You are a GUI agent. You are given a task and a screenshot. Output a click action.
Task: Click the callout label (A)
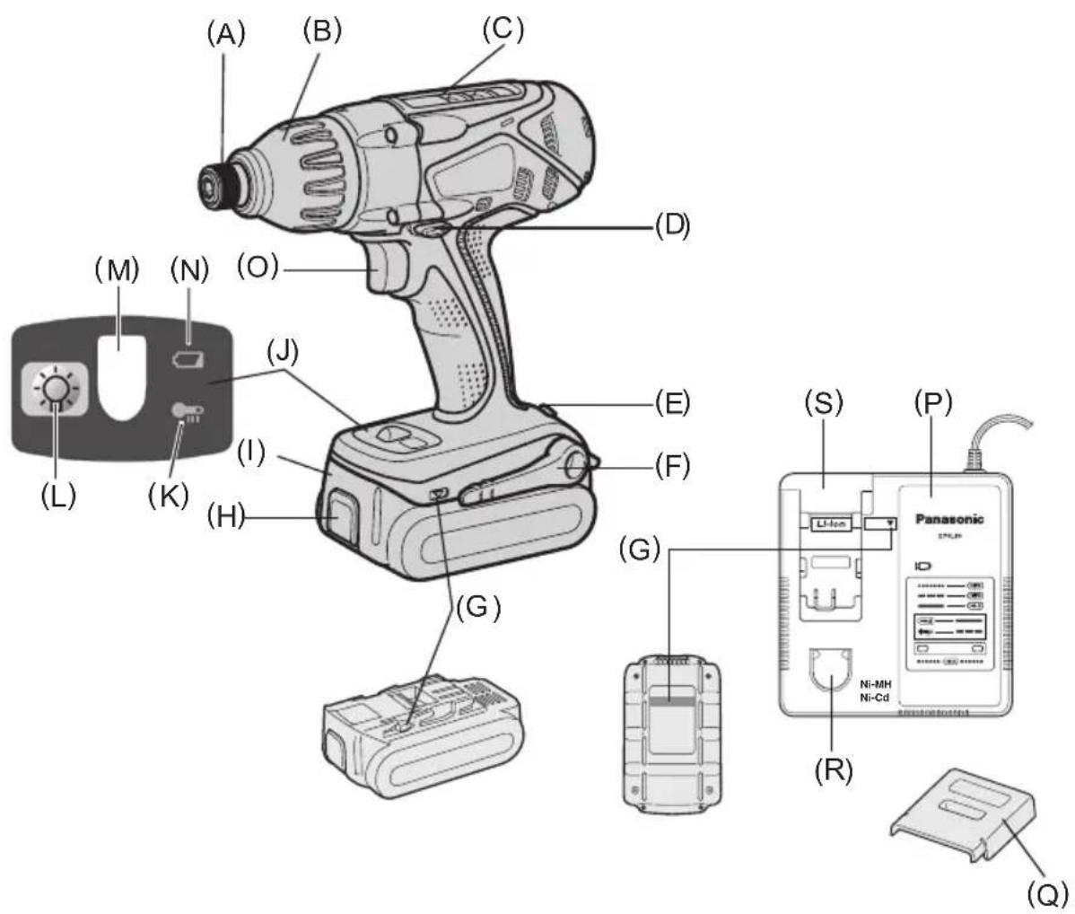point(225,33)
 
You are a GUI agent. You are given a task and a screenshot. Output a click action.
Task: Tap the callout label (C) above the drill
point(502,28)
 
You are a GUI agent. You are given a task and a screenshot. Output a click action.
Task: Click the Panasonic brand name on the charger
point(948,518)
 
